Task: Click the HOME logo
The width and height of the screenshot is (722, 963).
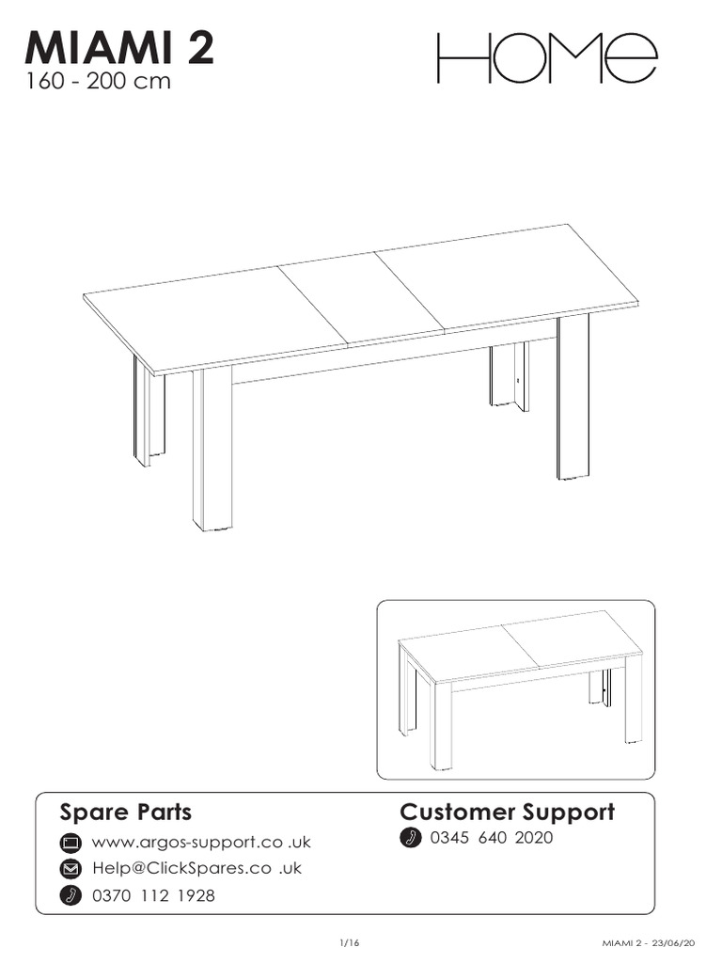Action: point(545,59)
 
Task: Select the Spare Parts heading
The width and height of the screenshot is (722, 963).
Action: point(126,812)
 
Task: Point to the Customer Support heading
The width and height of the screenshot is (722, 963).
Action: point(508,812)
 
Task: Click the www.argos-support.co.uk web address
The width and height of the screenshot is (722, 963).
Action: point(200,841)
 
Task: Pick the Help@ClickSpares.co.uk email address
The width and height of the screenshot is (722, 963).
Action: point(196,868)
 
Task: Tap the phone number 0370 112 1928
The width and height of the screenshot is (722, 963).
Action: point(153,895)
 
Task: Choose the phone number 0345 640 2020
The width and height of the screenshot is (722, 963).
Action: point(491,838)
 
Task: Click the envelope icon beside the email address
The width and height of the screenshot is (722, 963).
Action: point(71,868)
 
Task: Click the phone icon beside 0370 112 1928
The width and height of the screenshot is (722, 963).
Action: point(71,895)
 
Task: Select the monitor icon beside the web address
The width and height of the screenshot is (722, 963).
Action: point(71,841)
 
